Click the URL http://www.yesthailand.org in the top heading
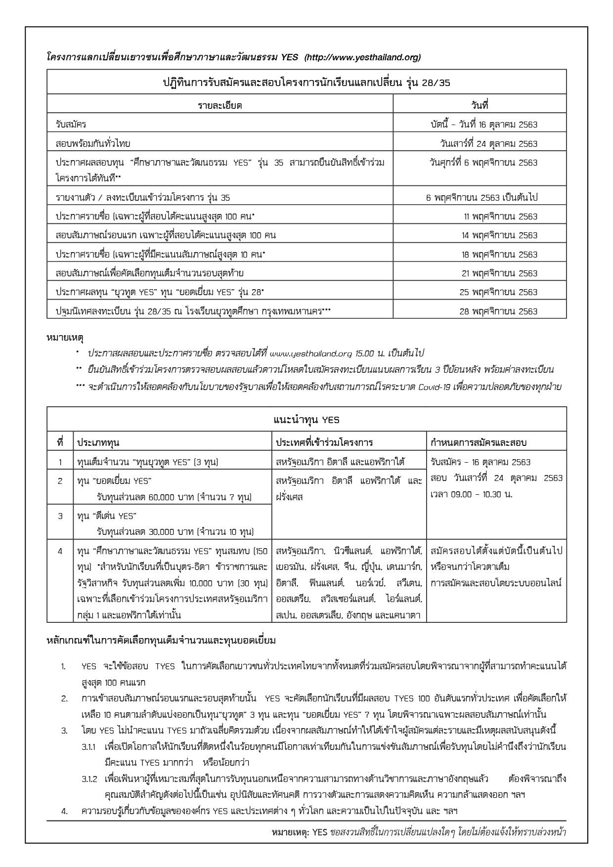(362, 57)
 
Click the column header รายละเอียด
(219, 105)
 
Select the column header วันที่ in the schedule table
(480, 105)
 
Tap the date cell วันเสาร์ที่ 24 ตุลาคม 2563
(488, 144)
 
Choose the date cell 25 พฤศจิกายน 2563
(498, 292)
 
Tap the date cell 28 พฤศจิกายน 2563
(498, 311)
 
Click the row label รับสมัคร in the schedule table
(71, 125)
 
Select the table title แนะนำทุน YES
(306, 420)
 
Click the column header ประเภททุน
(98, 442)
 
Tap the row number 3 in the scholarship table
(60, 516)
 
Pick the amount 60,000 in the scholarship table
(179, 497)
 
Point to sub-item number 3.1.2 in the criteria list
(91, 779)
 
